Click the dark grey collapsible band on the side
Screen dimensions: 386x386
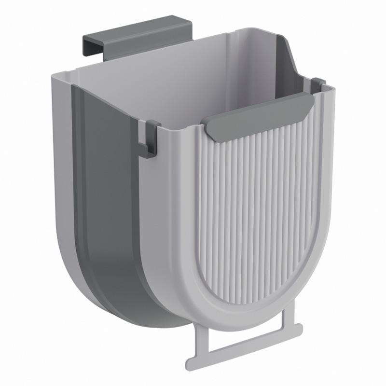pos(109,203)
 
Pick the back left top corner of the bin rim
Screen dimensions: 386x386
pos(55,75)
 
